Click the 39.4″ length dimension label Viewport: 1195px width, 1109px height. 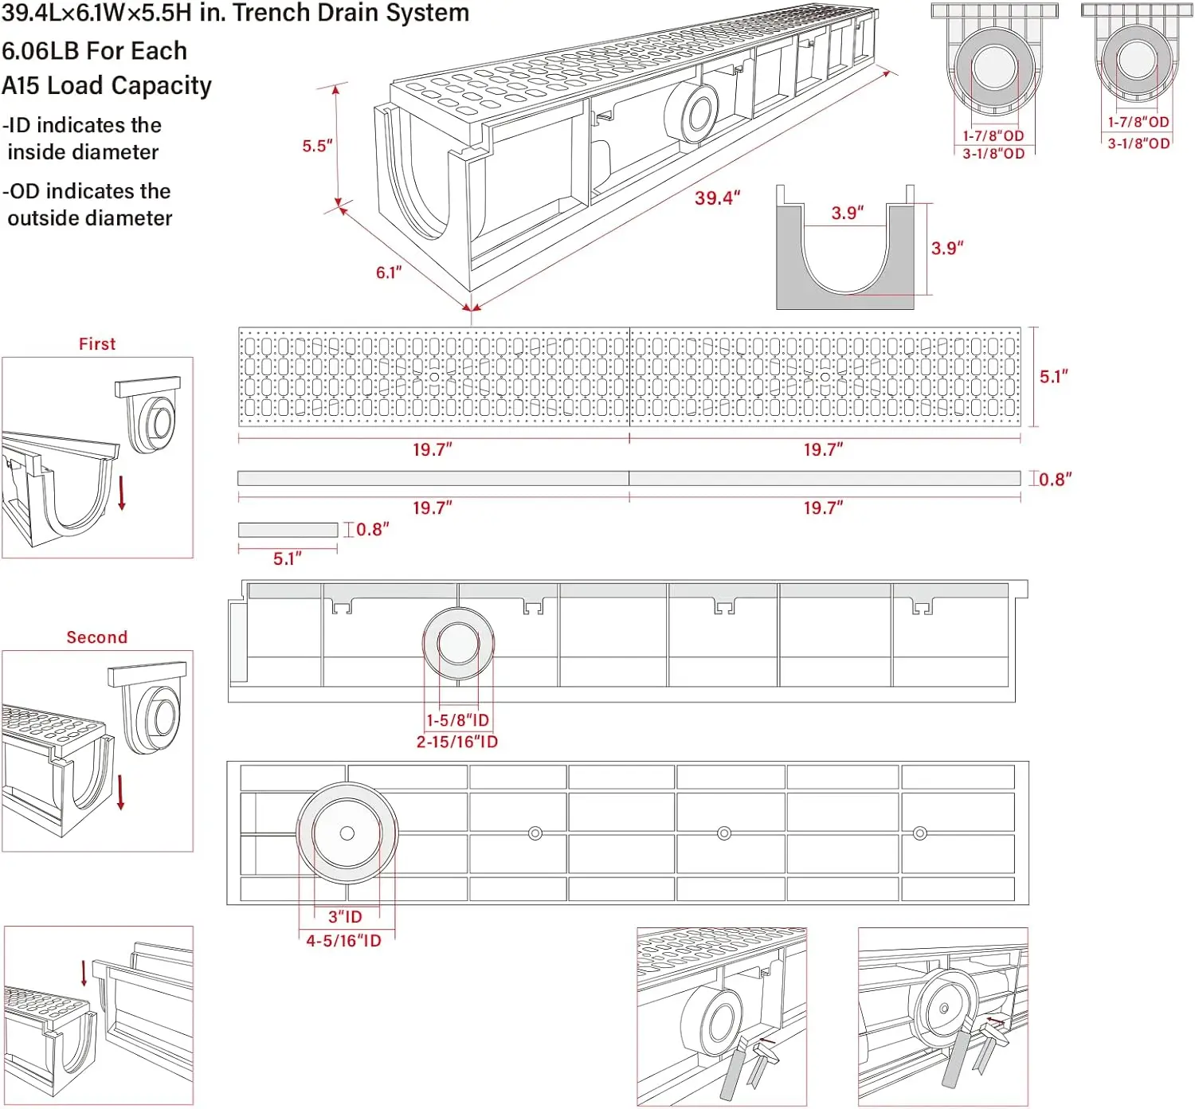pyautogui.click(x=717, y=198)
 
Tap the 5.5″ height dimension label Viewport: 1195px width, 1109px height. pyautogui.click(x=316, y=146)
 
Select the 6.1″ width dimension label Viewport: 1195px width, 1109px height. pyautogui.click(x=389, y=272)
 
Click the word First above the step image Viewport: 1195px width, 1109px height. pyautogui.click(x=97, y=344)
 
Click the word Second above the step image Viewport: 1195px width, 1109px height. pyautogui.click(x=97, y=637)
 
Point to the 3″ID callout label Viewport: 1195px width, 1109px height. pyautogui.click(x=345, y=917)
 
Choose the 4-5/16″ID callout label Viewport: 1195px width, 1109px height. pyautogui.click(x=344, y=941)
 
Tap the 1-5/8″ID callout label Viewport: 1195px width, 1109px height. pyautogui.click(x=457, y=720)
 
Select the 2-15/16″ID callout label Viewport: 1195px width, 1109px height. pyautogui.click(x=457, y=742)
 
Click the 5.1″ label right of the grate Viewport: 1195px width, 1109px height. pyautogui.click(x=1053, y=377)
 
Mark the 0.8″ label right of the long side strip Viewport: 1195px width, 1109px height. pyautogui.click(x=1055, y=480)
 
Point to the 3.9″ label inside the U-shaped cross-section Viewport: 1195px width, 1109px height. pyautogui.click(x=847, y=213)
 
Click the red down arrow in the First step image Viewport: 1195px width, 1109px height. pyautogui.click(x=122, y=493)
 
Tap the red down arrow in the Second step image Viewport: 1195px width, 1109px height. pyautogui.click(x=121, y=792)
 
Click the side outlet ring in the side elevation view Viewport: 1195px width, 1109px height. pyautogui.click(x=458, y=644)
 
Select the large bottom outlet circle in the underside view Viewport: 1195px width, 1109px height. pyautogui.click(x=347, y=833)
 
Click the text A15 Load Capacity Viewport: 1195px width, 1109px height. pyautogui.click(x=107, y=86)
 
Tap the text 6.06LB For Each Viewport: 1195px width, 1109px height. pyautogui.click(x=94, y=51)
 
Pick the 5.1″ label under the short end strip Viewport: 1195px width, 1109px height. pyautogui.click(x=287, y=559)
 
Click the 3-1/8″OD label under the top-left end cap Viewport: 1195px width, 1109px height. pyautogui.click(x=993, y=154)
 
